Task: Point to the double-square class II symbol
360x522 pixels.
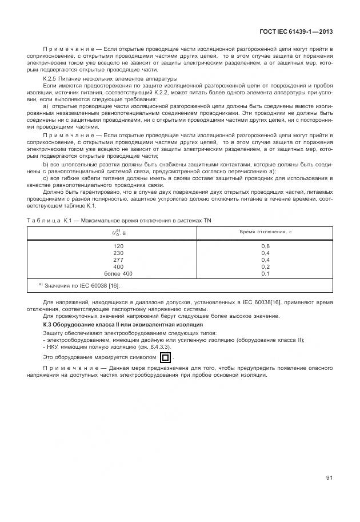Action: click(165, 358)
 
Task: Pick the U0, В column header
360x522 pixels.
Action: click(119, 233)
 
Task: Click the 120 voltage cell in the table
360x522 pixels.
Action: click(119, 246)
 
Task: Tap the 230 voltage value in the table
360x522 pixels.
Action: click(119, 253)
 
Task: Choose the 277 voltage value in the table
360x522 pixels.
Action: click(119, 260)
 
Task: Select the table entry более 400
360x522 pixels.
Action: click(119, 273)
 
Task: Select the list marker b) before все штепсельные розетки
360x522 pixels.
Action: click(46, 164)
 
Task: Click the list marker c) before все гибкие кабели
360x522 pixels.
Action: click(46, 177)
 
